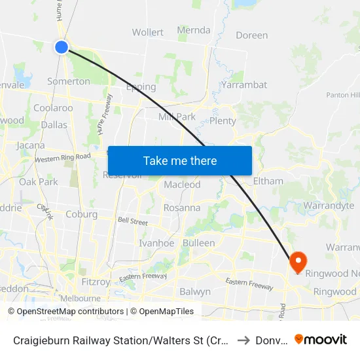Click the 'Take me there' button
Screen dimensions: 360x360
point(180,160)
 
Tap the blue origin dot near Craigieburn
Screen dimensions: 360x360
point(62,46)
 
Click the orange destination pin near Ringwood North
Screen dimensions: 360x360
point(297,262)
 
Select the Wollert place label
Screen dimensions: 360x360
point(147,32)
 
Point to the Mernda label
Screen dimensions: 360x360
point(194,30)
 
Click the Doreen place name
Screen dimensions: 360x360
point(252,35)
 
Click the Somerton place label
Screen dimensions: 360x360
point(69,81)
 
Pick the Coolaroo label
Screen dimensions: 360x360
point(53,108)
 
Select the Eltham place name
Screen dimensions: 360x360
point(268,181)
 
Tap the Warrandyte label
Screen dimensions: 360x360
point(329,206)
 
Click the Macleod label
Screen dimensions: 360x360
point(182,185)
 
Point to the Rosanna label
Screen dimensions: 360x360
point(182,207)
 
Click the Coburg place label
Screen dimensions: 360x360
point(81,214)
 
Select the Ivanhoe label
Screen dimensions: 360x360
point(156,243)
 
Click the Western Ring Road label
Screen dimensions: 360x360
point(62,158)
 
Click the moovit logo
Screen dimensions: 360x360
point(321,339)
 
